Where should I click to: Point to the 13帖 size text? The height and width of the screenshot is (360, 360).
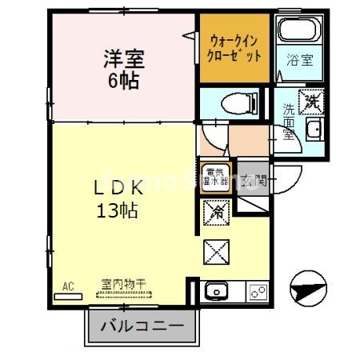[x=118, y=211]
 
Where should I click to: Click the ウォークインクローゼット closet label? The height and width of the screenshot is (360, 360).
[x=234, y=47]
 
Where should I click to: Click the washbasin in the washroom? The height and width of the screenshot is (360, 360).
[x=314, y=131]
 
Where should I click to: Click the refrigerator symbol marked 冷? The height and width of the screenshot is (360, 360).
[x=216, y=212]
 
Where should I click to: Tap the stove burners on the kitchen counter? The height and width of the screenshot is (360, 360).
[x=258, y=291]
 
